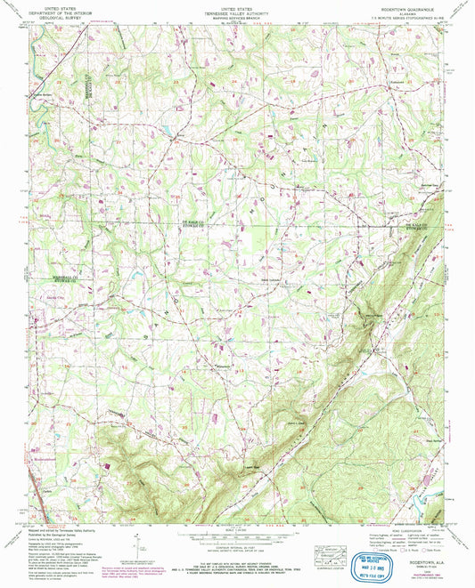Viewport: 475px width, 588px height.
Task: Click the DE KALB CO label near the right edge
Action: (x=424, y=225)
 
